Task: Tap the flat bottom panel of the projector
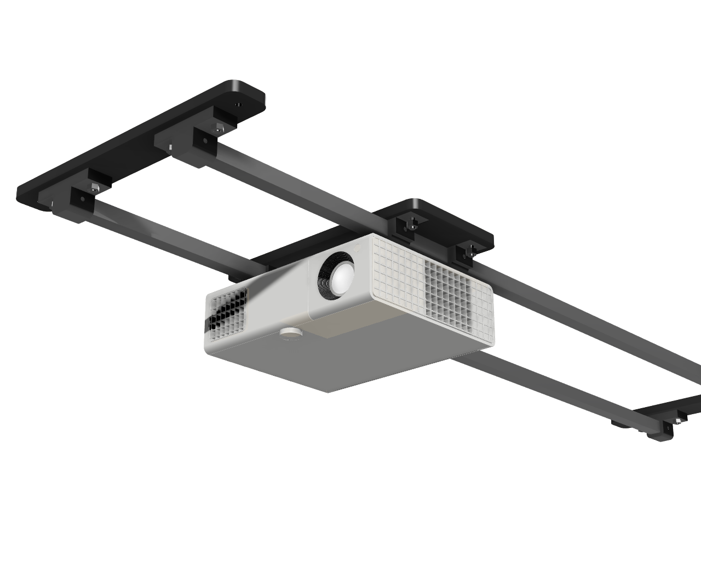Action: coord(350,356)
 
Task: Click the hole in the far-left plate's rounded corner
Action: coord(237,104)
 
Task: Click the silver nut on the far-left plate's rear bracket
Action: coord(217,129)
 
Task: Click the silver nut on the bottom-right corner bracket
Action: coord(678,421)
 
